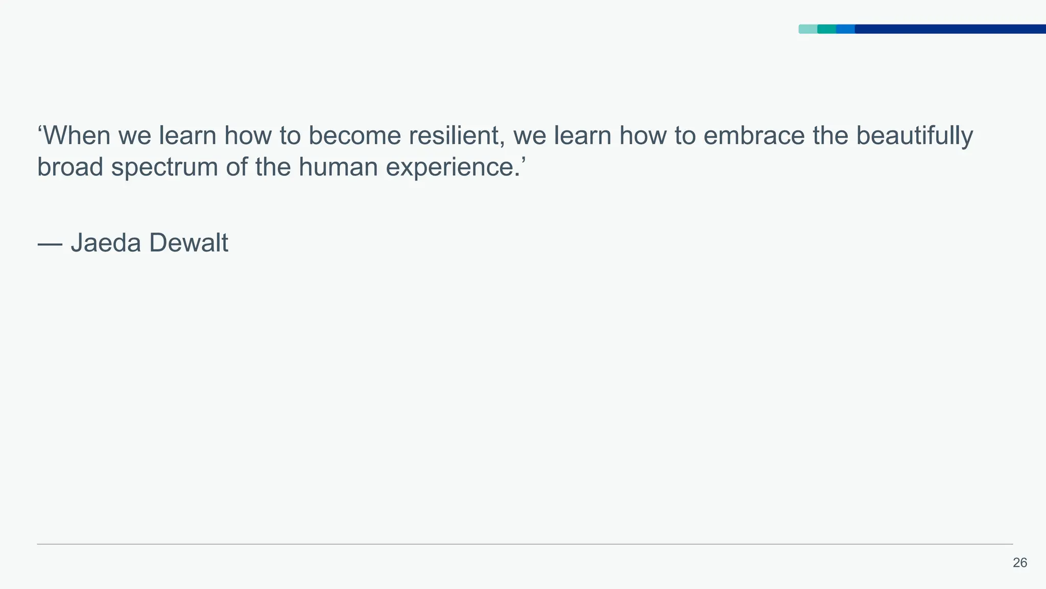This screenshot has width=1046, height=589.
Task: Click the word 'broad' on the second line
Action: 70,167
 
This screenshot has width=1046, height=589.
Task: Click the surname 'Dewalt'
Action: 188,243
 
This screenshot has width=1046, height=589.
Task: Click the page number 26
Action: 1019,563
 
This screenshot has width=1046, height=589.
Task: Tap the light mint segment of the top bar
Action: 808,29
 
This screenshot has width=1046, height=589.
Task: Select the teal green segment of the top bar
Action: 826,29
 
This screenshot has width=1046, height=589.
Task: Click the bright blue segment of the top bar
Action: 845,29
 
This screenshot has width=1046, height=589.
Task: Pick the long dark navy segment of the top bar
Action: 950,29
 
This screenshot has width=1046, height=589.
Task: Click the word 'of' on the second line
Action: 236,167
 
